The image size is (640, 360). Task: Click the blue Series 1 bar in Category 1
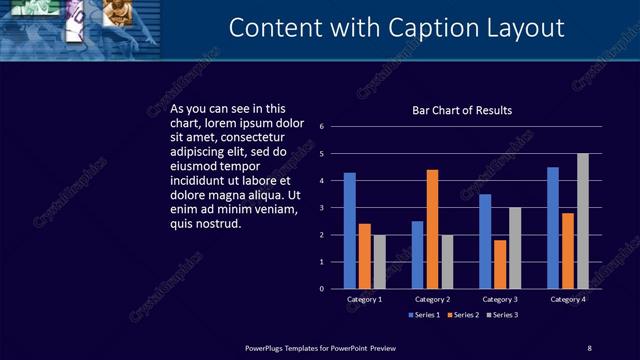click(x=350, y=231)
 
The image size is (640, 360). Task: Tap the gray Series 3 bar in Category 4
click(x=583, y=221)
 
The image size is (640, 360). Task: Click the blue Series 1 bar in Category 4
click(x=553, y=228)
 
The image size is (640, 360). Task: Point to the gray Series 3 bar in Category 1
click(x=379, y=262)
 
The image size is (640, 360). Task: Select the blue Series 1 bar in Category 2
click(x=417, y=255)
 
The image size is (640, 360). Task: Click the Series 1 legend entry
click(x=425, y=315)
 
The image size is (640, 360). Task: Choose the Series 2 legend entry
click(x=464, y=315)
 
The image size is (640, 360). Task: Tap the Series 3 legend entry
click(x=503, y=315)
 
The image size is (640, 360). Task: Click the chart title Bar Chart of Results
click(x=462, y=111)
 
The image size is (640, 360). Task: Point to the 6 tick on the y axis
click(x=322, y=127)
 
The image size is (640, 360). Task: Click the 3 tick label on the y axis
click(x=322, y=208)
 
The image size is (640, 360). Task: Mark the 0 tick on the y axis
click(x=322, y=289)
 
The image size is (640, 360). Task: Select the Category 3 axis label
click(x=500, y=300)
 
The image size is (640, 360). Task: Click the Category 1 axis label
click(x=365, y=300)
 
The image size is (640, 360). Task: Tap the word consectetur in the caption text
click(x=253, y=137)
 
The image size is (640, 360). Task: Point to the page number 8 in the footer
click(x=589, y=348)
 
